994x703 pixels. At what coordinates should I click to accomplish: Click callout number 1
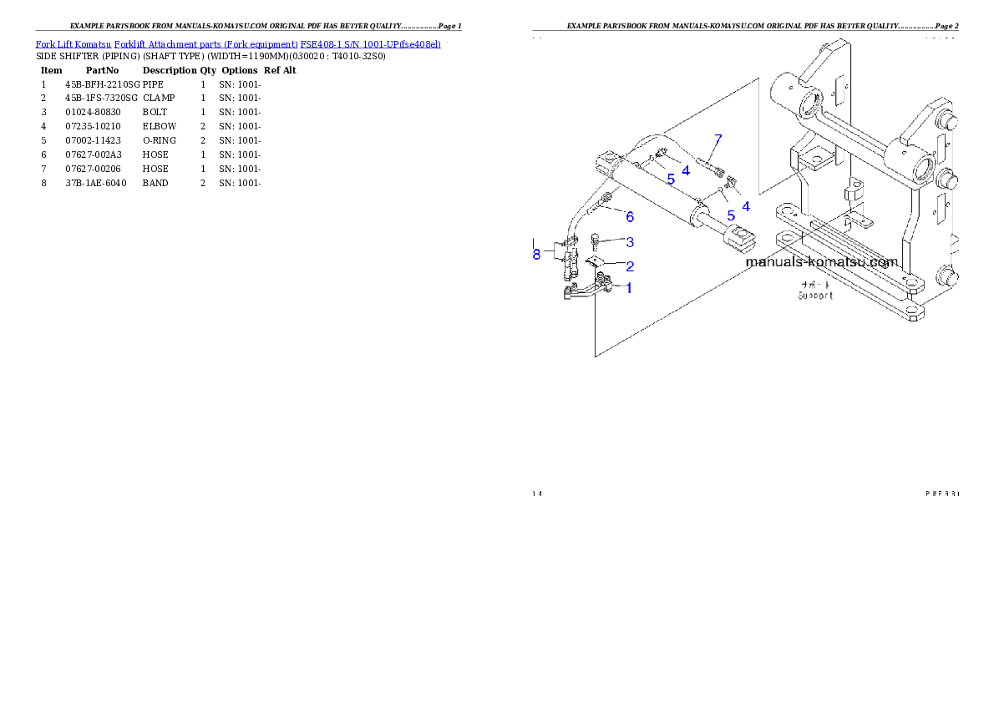click(x=628, y=288)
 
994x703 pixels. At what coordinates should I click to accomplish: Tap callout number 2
click(x=629, y=266)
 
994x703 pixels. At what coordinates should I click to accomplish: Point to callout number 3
click(x=629, y=242)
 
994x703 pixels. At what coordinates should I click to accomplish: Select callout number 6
click(x=629, y=217)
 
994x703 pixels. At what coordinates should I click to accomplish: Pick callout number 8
click(x=536, y=254)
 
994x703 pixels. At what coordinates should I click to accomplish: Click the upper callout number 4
click(x=685, y=170)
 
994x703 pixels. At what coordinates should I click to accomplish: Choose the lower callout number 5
click(x=731, y=215)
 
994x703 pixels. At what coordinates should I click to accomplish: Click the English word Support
click(x=815, y=295)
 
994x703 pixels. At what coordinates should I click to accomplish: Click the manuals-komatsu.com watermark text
click(x=821, y=261)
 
